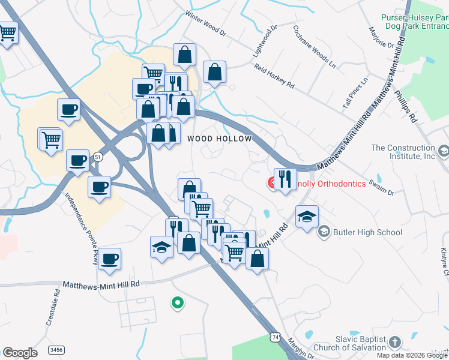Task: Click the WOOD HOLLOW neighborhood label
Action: click(x=218, y=139)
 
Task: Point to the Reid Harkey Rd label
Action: click(x=274, y=77)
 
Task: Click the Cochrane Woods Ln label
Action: click(x=313, y=46)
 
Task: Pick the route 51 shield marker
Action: click(x=98, y=157)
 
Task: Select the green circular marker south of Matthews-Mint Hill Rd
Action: click(x=177, y=304)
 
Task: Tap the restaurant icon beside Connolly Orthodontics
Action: click(x=285, y=179)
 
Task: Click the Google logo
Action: click(x=20, y=353)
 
